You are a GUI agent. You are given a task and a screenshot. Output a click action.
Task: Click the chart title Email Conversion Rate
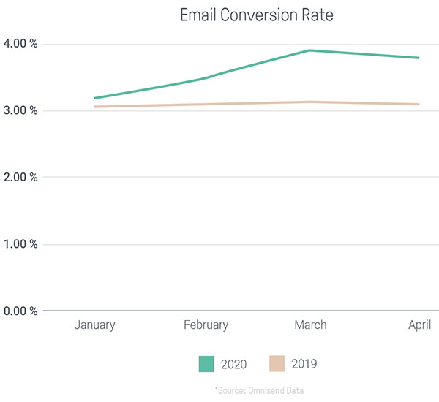[x=257, y=15]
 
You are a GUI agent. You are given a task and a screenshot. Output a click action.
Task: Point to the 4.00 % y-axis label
[x=20, y=43]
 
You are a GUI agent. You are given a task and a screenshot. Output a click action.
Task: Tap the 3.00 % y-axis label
[x=20, y=110]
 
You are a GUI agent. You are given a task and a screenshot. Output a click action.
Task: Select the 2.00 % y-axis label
[x=20, y=177]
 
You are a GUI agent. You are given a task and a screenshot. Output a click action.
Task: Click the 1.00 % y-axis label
[x=20, y=243]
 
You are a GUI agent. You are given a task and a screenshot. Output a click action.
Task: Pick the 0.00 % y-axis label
[x=20, y=311]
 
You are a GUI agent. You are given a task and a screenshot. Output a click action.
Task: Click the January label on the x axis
[x=94, y=325]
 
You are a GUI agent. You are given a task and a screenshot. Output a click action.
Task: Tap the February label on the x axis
[x=206, y=325]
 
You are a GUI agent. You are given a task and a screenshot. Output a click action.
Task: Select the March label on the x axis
[x=310, y=325]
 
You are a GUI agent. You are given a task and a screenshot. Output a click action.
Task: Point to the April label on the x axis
[x=419, y=325]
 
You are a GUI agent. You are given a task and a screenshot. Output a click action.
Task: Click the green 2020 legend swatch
[x=206, y=364]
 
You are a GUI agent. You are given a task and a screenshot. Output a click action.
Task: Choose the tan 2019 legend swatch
[x=277, y=363]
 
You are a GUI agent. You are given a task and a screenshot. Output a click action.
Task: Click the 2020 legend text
[x=234, y=364]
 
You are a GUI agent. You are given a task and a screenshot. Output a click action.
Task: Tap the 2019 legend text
[x=304, y=364]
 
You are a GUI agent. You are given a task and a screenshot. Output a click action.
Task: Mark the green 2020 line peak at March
[x=309, y=50]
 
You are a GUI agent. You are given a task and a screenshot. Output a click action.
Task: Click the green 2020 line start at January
[x=95, y=98]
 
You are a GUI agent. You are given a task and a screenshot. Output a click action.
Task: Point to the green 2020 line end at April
[x=419, y=58]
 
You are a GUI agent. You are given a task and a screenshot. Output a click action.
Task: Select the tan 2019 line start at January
[x=95, y=107]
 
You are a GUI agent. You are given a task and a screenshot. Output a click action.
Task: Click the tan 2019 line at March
[x=309, y=102]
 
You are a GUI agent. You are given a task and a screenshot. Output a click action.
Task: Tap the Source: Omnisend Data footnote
[x=259, y=390]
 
